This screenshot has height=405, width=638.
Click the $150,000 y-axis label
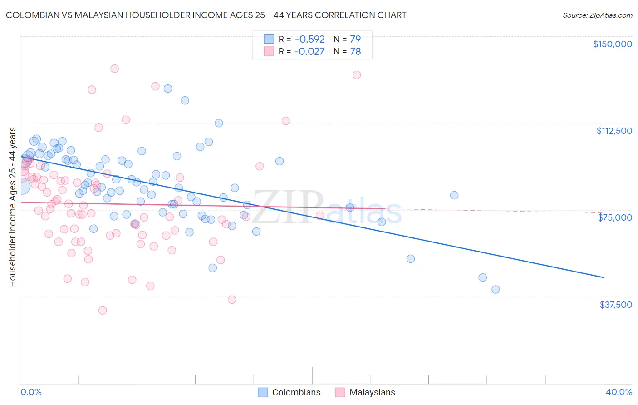tap(612, 44)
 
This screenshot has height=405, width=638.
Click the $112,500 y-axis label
tap(614, 131)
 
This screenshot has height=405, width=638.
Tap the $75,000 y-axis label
tap(615, 217)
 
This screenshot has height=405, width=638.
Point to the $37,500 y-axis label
tap(615, 305)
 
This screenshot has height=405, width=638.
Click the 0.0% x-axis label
tap(31, 392)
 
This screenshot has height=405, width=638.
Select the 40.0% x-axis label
tap(618, 392)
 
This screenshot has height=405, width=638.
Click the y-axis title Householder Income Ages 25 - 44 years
tap(12, 207)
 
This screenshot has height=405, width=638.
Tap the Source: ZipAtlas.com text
tap(597, 15)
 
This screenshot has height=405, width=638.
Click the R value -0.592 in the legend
tap(309, 39)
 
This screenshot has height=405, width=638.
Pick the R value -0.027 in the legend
tap(309, 51)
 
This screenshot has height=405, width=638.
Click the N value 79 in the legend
tap(355, 39)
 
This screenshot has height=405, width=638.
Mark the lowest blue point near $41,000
tap(496, 289)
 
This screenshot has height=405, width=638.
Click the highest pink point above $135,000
tap(114, 69)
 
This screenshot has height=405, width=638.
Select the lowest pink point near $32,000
tap(103, 311)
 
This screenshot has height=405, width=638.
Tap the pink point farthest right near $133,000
tap(357, 75)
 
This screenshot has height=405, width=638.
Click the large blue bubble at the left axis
tap(21, 186)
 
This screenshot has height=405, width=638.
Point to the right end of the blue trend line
tap(604, 277)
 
